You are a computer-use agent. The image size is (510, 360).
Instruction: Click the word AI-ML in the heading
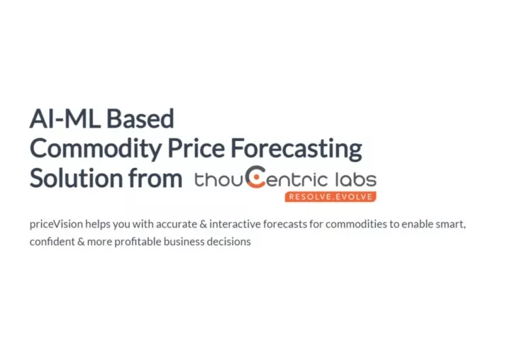[x=65, y=118]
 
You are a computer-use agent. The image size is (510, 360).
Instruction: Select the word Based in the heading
[x=140, y=118]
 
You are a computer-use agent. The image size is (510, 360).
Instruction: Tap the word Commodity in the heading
[x=96, y=150]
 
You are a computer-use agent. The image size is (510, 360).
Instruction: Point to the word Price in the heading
[x=196, y=148]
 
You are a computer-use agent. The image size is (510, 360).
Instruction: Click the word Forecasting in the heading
[x=296, y=150]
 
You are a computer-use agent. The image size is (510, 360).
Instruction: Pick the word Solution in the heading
[x=76, y=178]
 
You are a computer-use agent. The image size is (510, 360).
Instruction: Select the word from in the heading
[x=155, y=178]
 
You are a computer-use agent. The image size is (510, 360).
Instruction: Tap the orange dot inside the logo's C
[x=257, y=177]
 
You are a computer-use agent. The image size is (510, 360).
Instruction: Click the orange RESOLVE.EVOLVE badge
[x=331, y=197]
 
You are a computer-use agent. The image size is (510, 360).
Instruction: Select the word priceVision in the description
[x=56, y=224]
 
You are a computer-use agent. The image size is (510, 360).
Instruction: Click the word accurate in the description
[x=177, y=225]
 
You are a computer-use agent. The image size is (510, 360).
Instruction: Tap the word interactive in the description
[x=235, y=224]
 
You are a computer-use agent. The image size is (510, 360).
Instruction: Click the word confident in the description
[x=52, y=242]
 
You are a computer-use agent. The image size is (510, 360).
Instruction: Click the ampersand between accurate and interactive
[x=204, y=224]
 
